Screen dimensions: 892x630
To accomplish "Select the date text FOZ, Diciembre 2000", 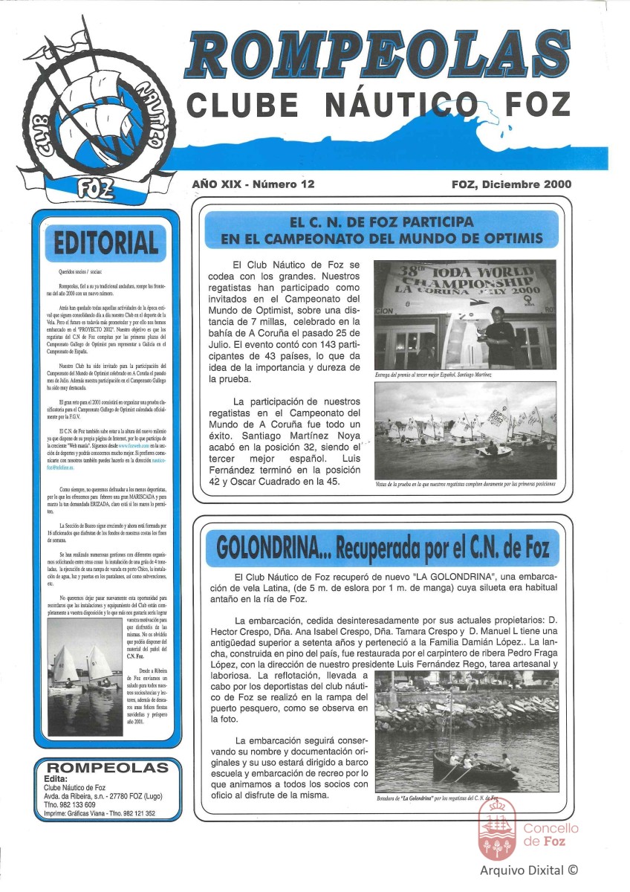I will click(511, 184).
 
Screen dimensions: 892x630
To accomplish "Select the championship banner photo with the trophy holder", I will click(465, 314).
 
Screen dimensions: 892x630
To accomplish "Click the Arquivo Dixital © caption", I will click(529, 870).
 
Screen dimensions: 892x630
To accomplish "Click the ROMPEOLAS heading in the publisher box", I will click(107, 767).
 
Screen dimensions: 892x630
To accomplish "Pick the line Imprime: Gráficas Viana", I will click(100, 813).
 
